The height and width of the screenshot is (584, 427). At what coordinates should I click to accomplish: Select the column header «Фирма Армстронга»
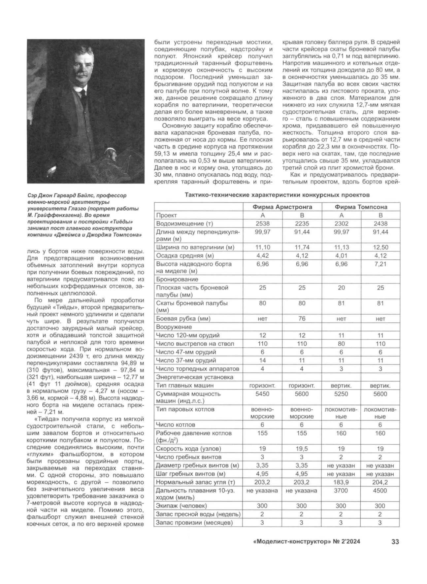click(x=282, y=207)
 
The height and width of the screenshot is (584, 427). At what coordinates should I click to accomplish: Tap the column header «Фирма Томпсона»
click(x=361, y=207)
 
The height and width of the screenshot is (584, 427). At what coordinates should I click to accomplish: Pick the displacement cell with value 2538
click(x=262, y=223)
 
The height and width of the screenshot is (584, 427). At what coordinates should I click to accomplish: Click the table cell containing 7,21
click(x=380, y=264)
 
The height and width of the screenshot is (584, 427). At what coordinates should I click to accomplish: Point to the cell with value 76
click(x=302, y=319)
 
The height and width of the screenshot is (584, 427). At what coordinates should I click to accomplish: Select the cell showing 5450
click(x=262, y=394)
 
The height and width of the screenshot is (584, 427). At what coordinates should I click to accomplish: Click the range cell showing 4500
click(x=380, y=491)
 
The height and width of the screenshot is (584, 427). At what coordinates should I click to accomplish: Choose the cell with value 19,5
click(x=302, y=449)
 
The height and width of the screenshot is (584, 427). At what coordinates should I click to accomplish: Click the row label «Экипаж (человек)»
click(x=181, y=506)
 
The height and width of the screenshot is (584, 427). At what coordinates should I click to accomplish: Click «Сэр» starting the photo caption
click(x=33, y=196)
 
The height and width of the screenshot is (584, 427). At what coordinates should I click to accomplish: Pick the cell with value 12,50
click(x=380, y=247)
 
